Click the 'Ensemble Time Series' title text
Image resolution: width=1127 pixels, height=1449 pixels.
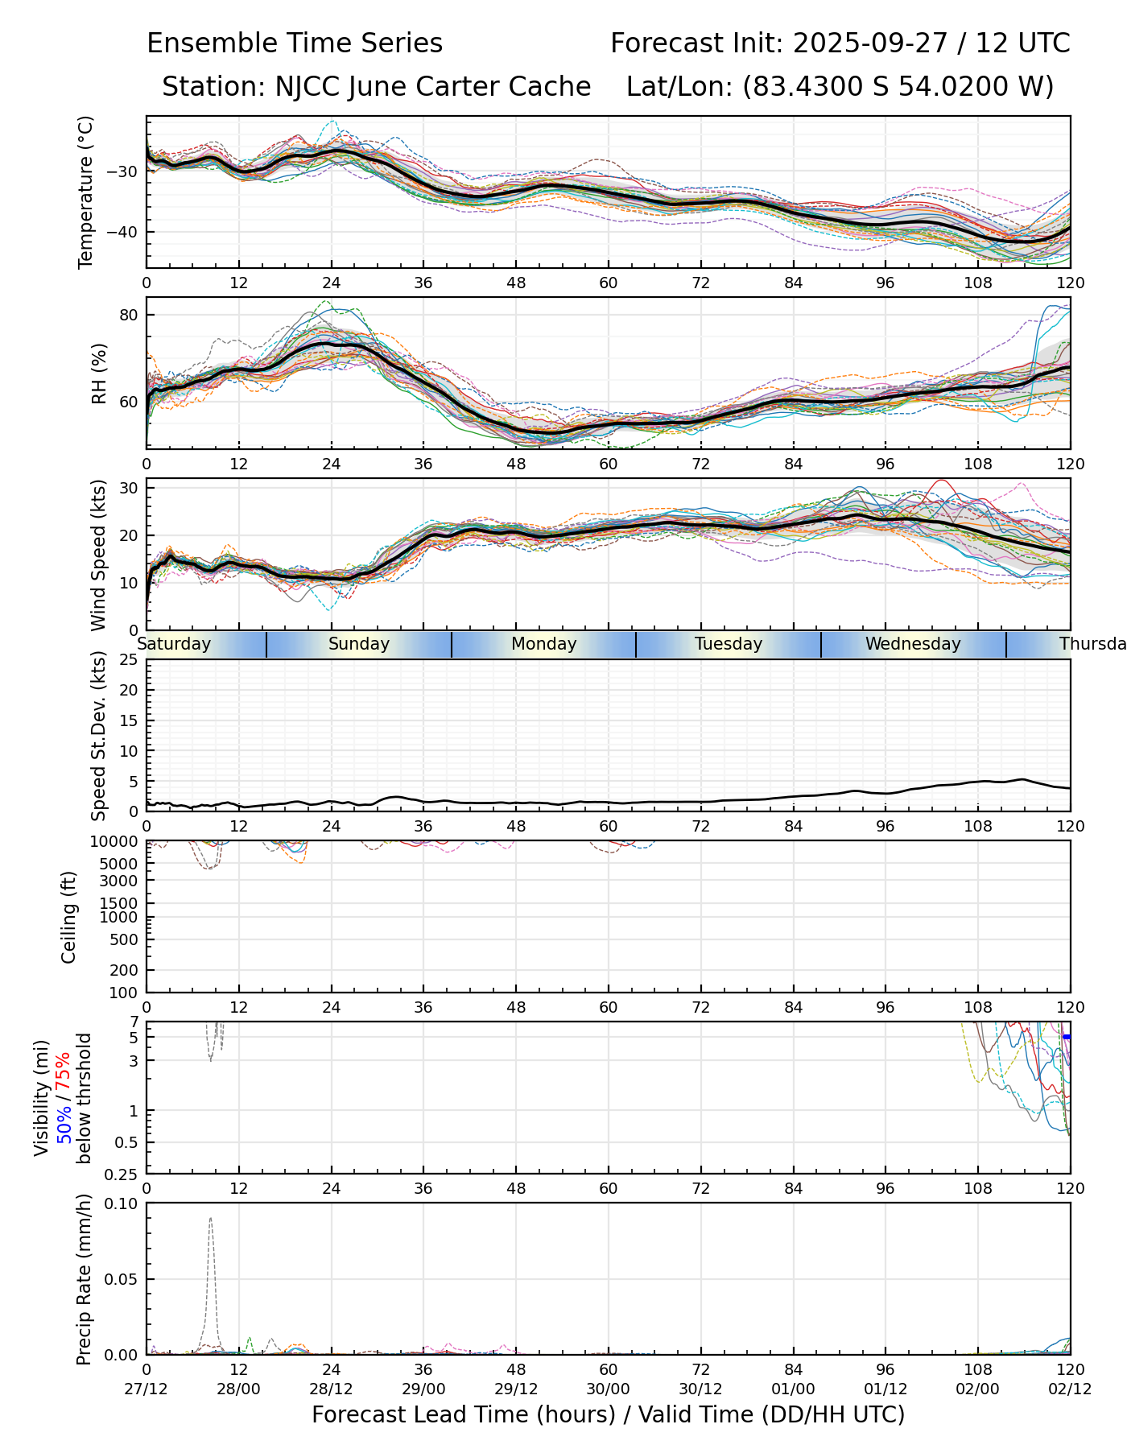coord(295,43)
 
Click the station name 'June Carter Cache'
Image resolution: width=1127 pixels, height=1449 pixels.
coord(469,87)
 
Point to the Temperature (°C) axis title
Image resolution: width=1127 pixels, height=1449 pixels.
coord(86,192)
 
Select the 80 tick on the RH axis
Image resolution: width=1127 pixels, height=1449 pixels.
coord(130,315)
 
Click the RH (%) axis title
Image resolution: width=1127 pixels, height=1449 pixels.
coord(98,373)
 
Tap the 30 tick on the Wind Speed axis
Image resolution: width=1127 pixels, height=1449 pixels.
coord(130,488)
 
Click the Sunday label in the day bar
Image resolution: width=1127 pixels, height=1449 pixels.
coord(359,644)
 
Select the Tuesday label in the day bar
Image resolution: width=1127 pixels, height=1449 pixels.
coord(729,644)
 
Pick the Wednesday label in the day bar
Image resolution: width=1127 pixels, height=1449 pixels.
coord(913,644)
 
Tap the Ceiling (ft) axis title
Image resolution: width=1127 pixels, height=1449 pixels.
coord(69,917)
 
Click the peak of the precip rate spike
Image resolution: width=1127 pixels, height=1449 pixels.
coord(211,1218)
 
